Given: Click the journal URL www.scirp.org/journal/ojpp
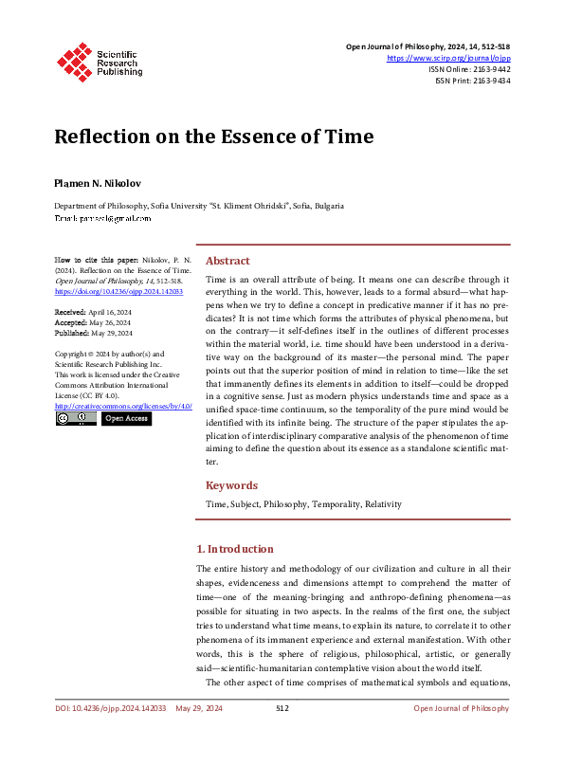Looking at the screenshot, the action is tap(448, 58).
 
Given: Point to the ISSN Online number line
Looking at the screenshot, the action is tap(469, 69).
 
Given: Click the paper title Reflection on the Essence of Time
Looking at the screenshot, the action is tap(213, 137).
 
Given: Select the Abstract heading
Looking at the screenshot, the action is tap(227, 261).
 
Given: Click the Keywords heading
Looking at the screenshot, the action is tap(232, 485).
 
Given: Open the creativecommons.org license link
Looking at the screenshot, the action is tap(123, 406).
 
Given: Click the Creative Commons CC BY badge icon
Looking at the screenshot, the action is tap(75, 419).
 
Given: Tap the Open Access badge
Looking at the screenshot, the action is tap(126, 419).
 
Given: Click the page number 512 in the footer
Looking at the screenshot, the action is tap(282, 708).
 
